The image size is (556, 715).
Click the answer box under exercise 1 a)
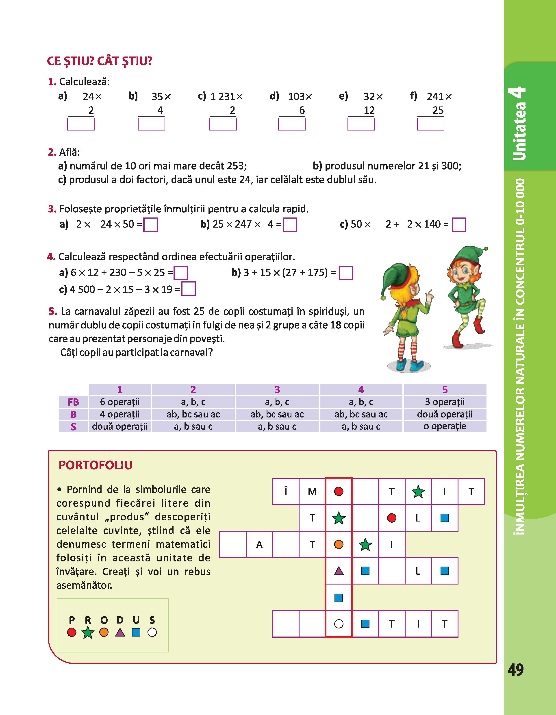click(80, 124)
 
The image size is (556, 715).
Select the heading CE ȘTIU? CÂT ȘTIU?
click(100, 61)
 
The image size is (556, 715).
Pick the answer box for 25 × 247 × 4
click(290, 225)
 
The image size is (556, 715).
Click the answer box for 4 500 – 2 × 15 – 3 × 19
click(188, 289)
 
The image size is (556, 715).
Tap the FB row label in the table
click(73, 402)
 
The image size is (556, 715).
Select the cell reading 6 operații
click(120, 402)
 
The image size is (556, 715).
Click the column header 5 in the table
click(445, 390)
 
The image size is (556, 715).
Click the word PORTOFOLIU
click(95, 465)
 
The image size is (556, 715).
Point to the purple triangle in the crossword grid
click(339, 571)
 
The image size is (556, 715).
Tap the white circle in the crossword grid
click(339, 624)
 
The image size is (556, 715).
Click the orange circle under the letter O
click(104, 632)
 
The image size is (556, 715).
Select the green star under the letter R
click(87, 632)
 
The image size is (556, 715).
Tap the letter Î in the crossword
click(286, 491)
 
